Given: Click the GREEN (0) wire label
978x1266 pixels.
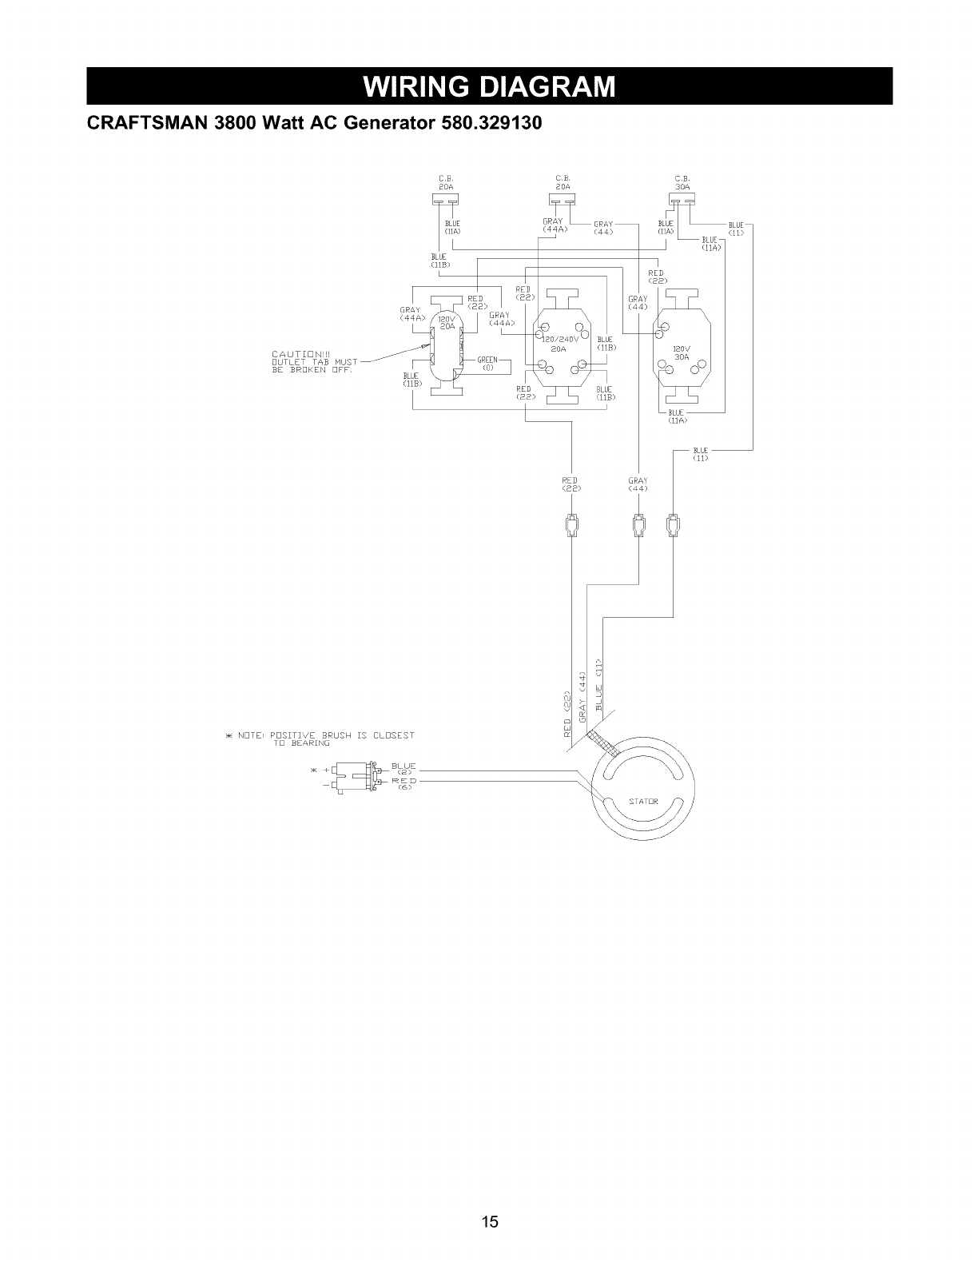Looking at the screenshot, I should pos(487,364).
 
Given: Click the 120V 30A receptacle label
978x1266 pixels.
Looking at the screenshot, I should pos(682,353).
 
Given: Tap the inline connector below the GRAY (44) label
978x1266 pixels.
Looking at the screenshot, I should pos(638,524).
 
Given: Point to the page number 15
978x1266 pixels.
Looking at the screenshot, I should pos(489,1221).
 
